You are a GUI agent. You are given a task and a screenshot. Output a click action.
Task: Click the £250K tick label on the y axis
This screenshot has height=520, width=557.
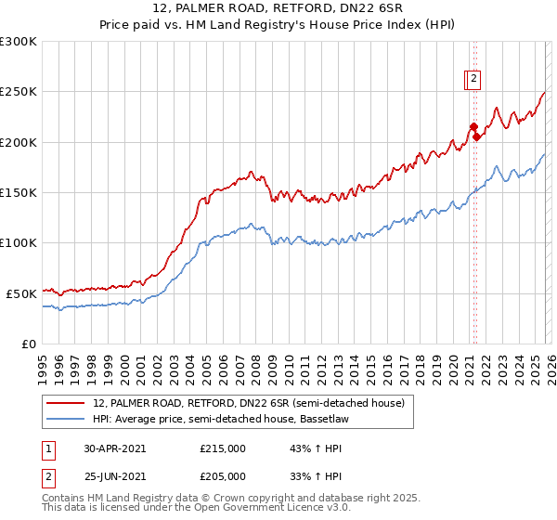pos(19,92)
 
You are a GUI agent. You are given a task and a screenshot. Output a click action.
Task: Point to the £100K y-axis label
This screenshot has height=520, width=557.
pos(19,242)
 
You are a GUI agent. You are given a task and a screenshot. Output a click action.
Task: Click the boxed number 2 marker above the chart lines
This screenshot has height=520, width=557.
pos(473,80)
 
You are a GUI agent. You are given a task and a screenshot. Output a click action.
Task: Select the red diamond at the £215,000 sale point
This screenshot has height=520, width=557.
pos(473,127)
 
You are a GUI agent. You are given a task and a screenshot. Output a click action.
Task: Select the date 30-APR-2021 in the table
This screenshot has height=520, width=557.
pos(115,448)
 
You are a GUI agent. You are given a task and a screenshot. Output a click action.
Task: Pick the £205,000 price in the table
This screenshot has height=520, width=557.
pos(223,478)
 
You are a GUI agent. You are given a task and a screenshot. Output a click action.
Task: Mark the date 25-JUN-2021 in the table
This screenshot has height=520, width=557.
pos(115,478)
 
